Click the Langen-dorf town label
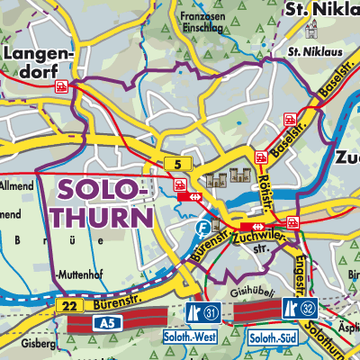coord(35,64)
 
